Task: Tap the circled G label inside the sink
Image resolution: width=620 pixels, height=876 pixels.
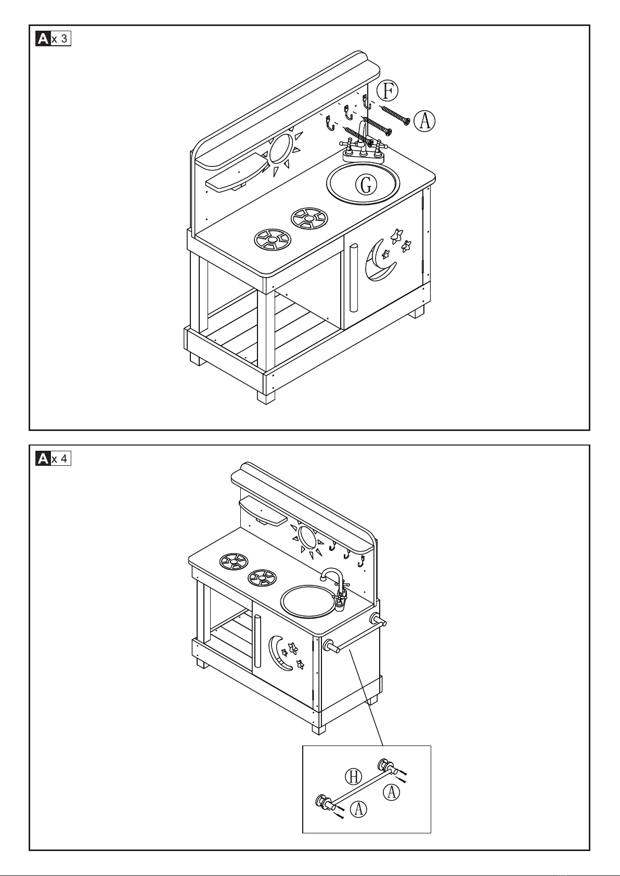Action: coord(366,184)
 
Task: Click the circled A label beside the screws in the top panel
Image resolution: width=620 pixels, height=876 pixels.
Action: coord(425,121)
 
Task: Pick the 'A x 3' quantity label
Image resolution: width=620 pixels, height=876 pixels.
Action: coord(53,39)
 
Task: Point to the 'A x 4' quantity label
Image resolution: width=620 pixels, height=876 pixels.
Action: coord(53,459)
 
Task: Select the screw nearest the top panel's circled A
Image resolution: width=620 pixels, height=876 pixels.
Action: coord(395,115)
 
